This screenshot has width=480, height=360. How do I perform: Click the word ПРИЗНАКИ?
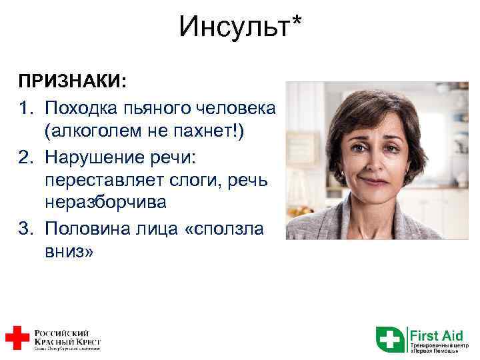71,82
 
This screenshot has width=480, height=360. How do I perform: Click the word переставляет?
103,180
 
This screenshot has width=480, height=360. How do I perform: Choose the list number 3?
25,228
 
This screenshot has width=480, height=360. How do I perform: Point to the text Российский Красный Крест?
67,337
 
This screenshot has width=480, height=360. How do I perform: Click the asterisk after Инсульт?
295,21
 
